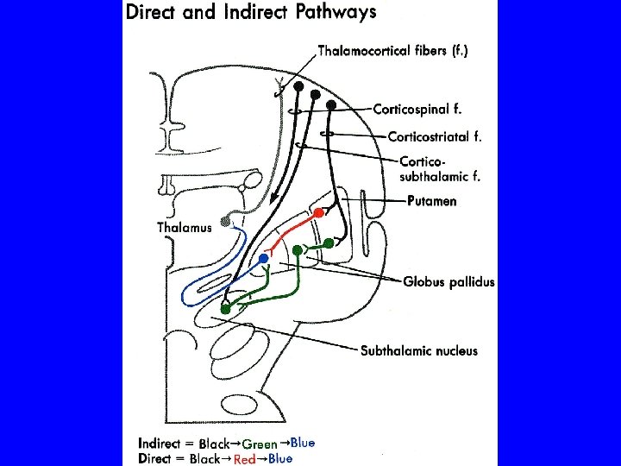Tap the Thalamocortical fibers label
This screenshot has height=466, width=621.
(394, 50)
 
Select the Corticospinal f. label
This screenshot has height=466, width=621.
(417, 110)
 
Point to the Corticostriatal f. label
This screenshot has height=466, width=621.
(435, 135)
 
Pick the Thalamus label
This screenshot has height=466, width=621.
(184, 227)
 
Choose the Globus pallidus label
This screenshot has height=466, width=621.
(449, 281)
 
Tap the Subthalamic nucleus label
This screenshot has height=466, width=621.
(418, 350)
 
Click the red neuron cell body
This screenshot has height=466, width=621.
(318, 211)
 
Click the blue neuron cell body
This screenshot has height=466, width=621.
(263, 259)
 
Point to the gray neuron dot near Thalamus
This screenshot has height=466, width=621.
(226, 223)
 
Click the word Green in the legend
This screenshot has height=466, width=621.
(259, 445)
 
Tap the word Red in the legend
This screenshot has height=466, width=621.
(245, 460)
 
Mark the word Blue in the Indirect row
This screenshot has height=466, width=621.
(302, 443)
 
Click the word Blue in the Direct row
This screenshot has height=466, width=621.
(279, 458)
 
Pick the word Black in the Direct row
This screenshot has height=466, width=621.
(204, 459)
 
